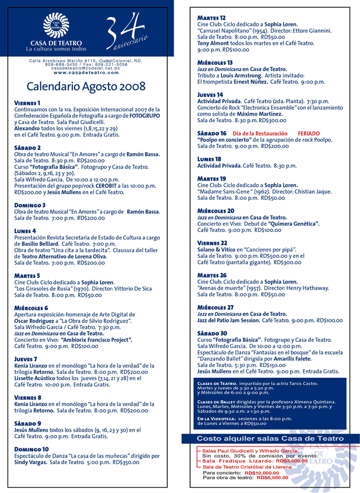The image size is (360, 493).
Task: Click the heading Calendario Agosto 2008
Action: (x=86, y=86)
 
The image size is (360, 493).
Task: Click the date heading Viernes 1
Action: (x=27, y=103)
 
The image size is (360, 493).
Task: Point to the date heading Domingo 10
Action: (x=31, y=449)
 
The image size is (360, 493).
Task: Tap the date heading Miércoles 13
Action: (x=215, y=63)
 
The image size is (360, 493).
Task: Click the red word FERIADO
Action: (x=309, y=134)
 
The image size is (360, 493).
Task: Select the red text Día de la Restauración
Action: (x=260, y=134)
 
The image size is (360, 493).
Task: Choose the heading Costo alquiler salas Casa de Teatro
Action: (x=270, y=438)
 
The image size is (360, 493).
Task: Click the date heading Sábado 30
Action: (x=212, y=333)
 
